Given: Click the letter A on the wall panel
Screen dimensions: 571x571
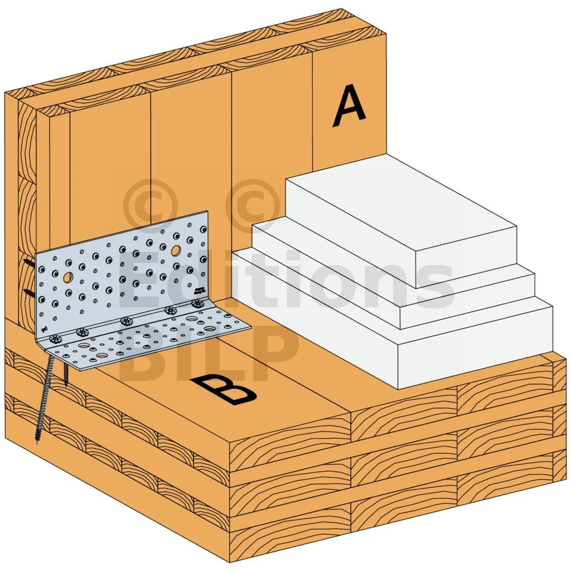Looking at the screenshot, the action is tap(349, 105).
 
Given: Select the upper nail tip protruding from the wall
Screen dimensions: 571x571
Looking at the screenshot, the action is tap(28, 263).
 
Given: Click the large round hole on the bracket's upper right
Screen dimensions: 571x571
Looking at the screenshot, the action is tap(176, 250).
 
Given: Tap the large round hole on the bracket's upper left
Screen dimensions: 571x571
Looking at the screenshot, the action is tap(67, 278).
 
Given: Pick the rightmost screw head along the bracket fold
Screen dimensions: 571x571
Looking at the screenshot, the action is tap(197, 303).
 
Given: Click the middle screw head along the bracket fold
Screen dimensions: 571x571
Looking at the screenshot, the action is tap(125, 321).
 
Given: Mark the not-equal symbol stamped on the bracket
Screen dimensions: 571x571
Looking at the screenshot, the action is tap(44, 330).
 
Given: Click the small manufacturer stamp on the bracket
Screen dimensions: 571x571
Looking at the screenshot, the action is tap(200, 290).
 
